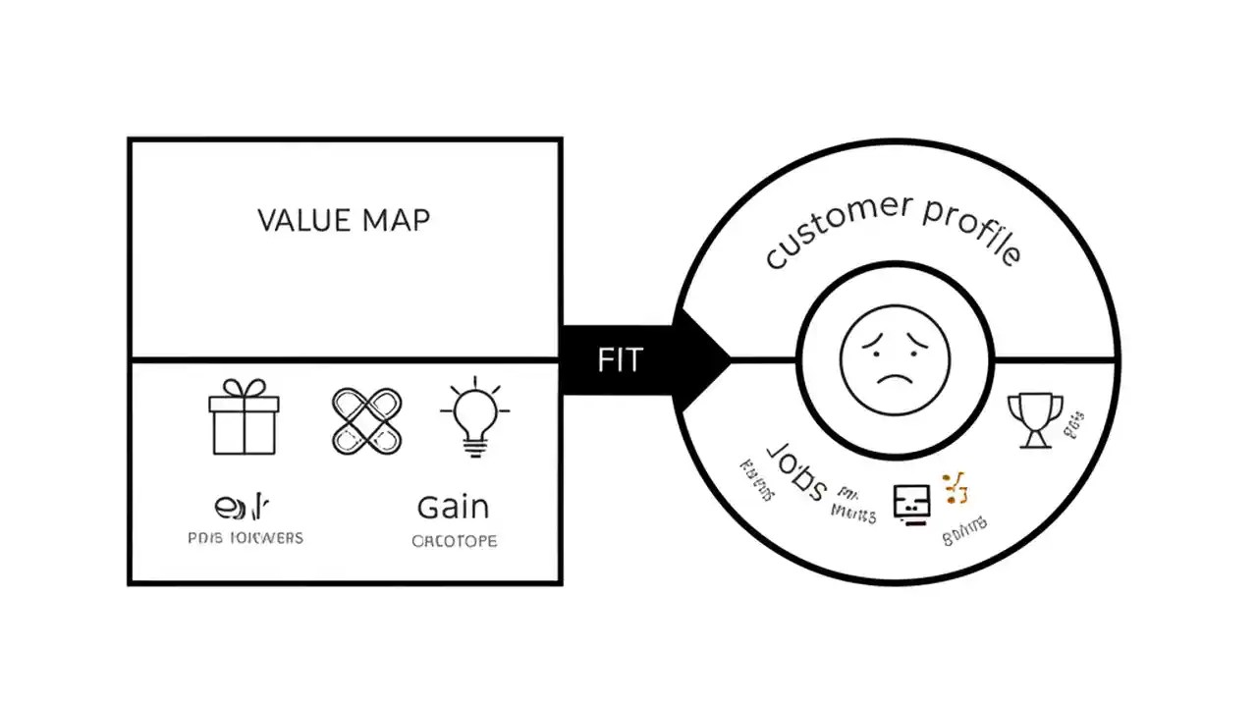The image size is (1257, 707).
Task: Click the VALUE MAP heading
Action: coord(344,219)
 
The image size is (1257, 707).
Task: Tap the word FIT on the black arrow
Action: coord(619,360)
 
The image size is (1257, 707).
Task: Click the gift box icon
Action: coord(244,420)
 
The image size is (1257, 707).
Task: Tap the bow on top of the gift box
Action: coord(244,388)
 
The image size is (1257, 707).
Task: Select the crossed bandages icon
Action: coord(366,421)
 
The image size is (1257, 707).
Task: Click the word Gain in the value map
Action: coord(453,507)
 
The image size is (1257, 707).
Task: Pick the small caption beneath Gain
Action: coord(455,541)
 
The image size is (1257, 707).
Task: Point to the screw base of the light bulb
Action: coord(475,449)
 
